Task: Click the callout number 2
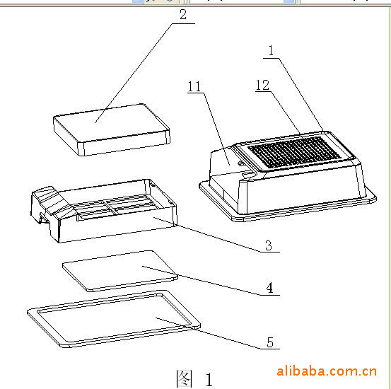tap(183, 14)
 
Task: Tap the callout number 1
tap(272, 50)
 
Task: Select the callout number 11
tap(194, 86)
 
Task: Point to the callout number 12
tap(262, 85)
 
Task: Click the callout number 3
tap(268, 245)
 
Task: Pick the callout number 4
tap(269, 288)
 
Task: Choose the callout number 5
tap(270, 342)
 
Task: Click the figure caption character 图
tap(185, 378)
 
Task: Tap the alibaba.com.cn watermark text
tap(327, 371)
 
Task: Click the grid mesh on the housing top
tap(294, 151)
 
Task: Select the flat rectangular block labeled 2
tap(112, 129)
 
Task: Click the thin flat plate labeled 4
tap(120, 271)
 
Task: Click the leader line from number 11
tap(216, 129)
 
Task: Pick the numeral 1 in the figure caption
tap(209, 380)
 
